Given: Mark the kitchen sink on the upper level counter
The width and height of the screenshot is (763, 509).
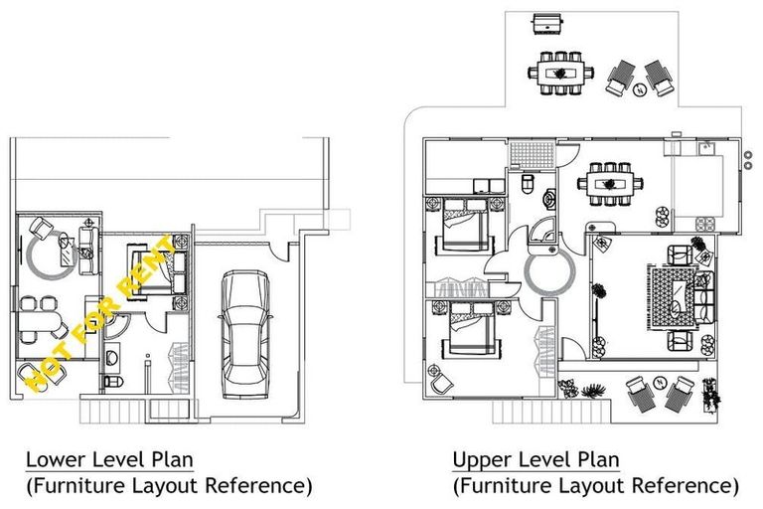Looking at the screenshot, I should pyautogui.click(x=706, y=150).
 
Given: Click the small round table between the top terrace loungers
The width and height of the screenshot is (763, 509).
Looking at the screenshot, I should pyautogui.click(x=640, y=87).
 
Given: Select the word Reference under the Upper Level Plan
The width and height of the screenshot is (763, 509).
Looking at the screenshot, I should pyautogui.click(x=686, y=487).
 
